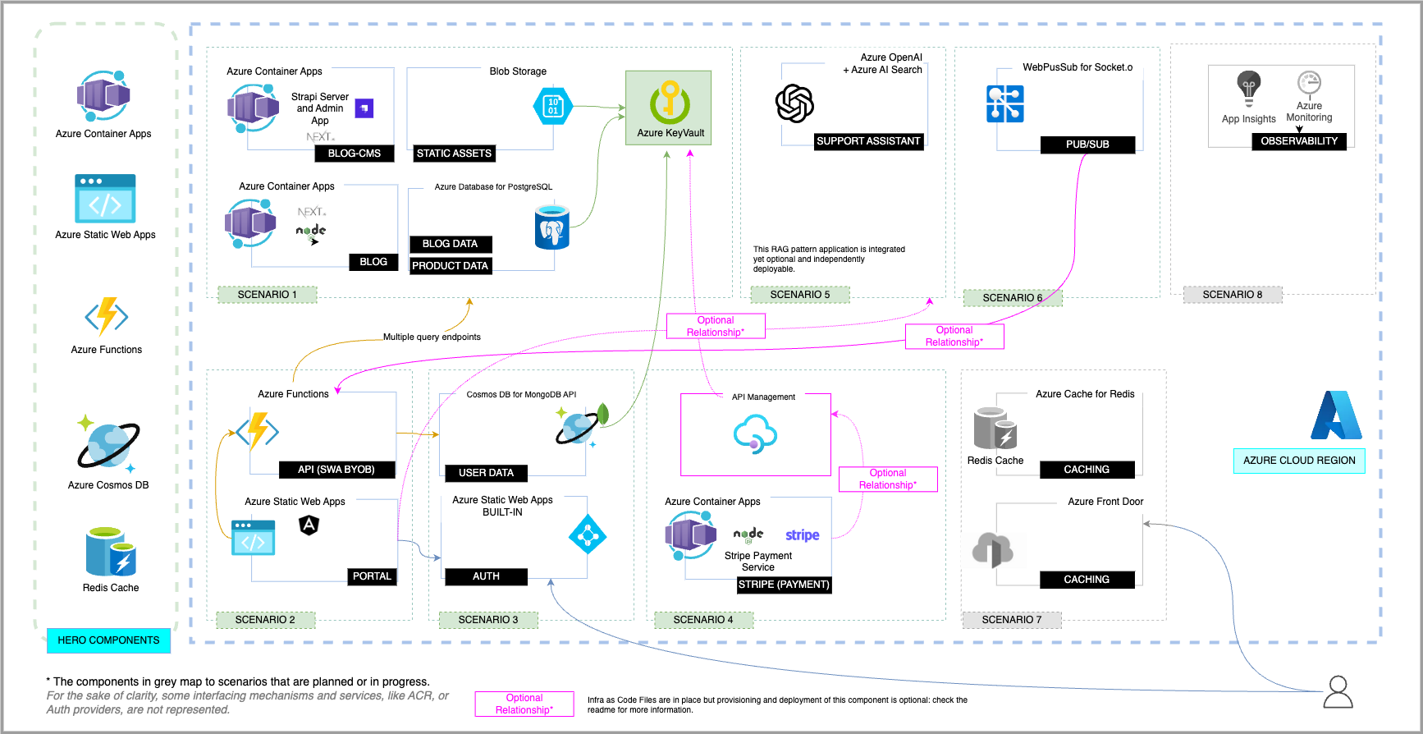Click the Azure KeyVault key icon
point(670,102)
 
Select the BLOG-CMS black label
point(355,154)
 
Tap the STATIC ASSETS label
point(454,154)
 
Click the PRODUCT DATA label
point(450,266)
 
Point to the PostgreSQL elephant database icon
point(551,227)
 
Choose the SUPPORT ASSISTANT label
point(868,141)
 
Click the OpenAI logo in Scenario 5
point(794,103)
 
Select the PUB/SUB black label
point(1087,145)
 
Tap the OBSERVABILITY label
point(1299,141)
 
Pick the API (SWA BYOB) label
point(336,470)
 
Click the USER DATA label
point(486,473)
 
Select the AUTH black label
point(486,576)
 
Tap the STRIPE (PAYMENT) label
point(784,585)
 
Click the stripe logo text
point(802,535)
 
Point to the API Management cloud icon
point(755,434)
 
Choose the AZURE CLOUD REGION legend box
point(1299,461)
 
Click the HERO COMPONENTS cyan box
point(108,640)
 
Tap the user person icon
point(1338,692)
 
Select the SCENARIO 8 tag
point(1233,295)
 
